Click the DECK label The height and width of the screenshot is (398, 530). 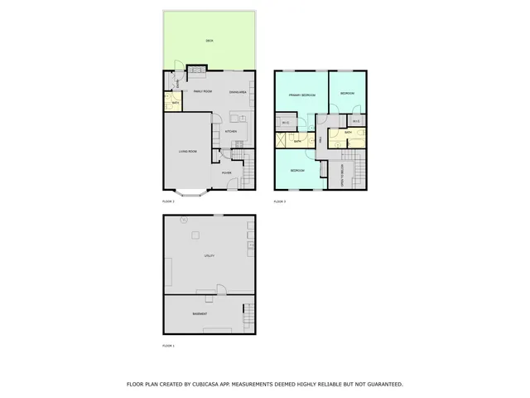tap(209, 41)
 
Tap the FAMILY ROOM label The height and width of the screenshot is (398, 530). tap(203, 91)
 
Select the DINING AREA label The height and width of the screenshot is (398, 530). tap(238, 92)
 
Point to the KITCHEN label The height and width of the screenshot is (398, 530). tap(232, 131)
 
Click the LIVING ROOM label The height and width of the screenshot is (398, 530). tap(188, 152)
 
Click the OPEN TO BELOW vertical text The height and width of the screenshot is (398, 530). tap(342, 177)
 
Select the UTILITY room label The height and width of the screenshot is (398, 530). tap(210, 256)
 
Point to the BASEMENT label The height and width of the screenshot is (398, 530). tap(200, 314)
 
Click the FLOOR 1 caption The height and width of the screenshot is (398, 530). tap(169, 345)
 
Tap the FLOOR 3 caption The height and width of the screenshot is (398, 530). tap(280, 201)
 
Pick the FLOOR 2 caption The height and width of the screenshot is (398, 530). tap(169, 201)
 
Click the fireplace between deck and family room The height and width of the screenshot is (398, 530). tap(197, 70)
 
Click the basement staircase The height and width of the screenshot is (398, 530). tap(246, 314)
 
